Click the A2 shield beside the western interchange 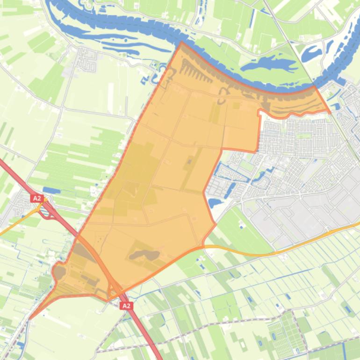click(x=37, y=198)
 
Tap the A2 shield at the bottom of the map click(x=126, y=306)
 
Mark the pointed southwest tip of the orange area click(x=30, y=319)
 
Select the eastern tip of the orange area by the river click(x=330, y=112)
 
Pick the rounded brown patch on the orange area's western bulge click(x=59, y=272)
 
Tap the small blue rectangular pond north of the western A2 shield click(x=51, y=190)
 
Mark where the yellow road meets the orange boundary click(x=204, y=246)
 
